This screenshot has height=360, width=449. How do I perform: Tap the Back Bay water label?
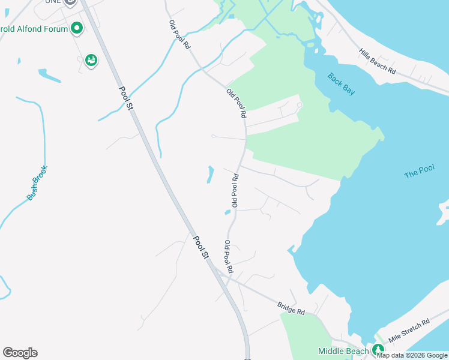(x=341, y=83)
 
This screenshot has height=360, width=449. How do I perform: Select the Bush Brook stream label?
(x=37, y=182)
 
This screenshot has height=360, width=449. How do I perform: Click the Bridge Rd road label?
(x=291, y=308)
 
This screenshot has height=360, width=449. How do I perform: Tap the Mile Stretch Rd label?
(x=409, y=331)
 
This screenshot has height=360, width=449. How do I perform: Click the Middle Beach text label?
(x=343, y=351)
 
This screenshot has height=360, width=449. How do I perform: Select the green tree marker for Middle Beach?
(x=377, y=349)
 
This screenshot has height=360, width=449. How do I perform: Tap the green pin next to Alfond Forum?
(x=76, y=28)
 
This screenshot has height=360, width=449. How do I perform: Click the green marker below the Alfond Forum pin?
(x=91, y=60)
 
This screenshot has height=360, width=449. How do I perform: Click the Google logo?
(x=20, y=353)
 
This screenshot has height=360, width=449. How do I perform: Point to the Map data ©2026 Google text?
(x=412, y=355)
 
